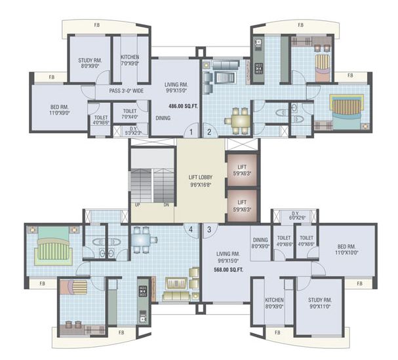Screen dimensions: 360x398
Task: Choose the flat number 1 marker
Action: pos(190,132)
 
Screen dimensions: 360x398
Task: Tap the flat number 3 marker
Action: pos(209,229)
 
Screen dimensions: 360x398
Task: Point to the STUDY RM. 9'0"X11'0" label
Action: pos(320,304)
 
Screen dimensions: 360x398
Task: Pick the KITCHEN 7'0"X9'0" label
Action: pos(130,60)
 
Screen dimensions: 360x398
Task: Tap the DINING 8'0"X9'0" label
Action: pos(260,243)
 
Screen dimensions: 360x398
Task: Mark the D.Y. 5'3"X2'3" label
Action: pos(133,130)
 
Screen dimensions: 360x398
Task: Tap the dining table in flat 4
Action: pos(144,239)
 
